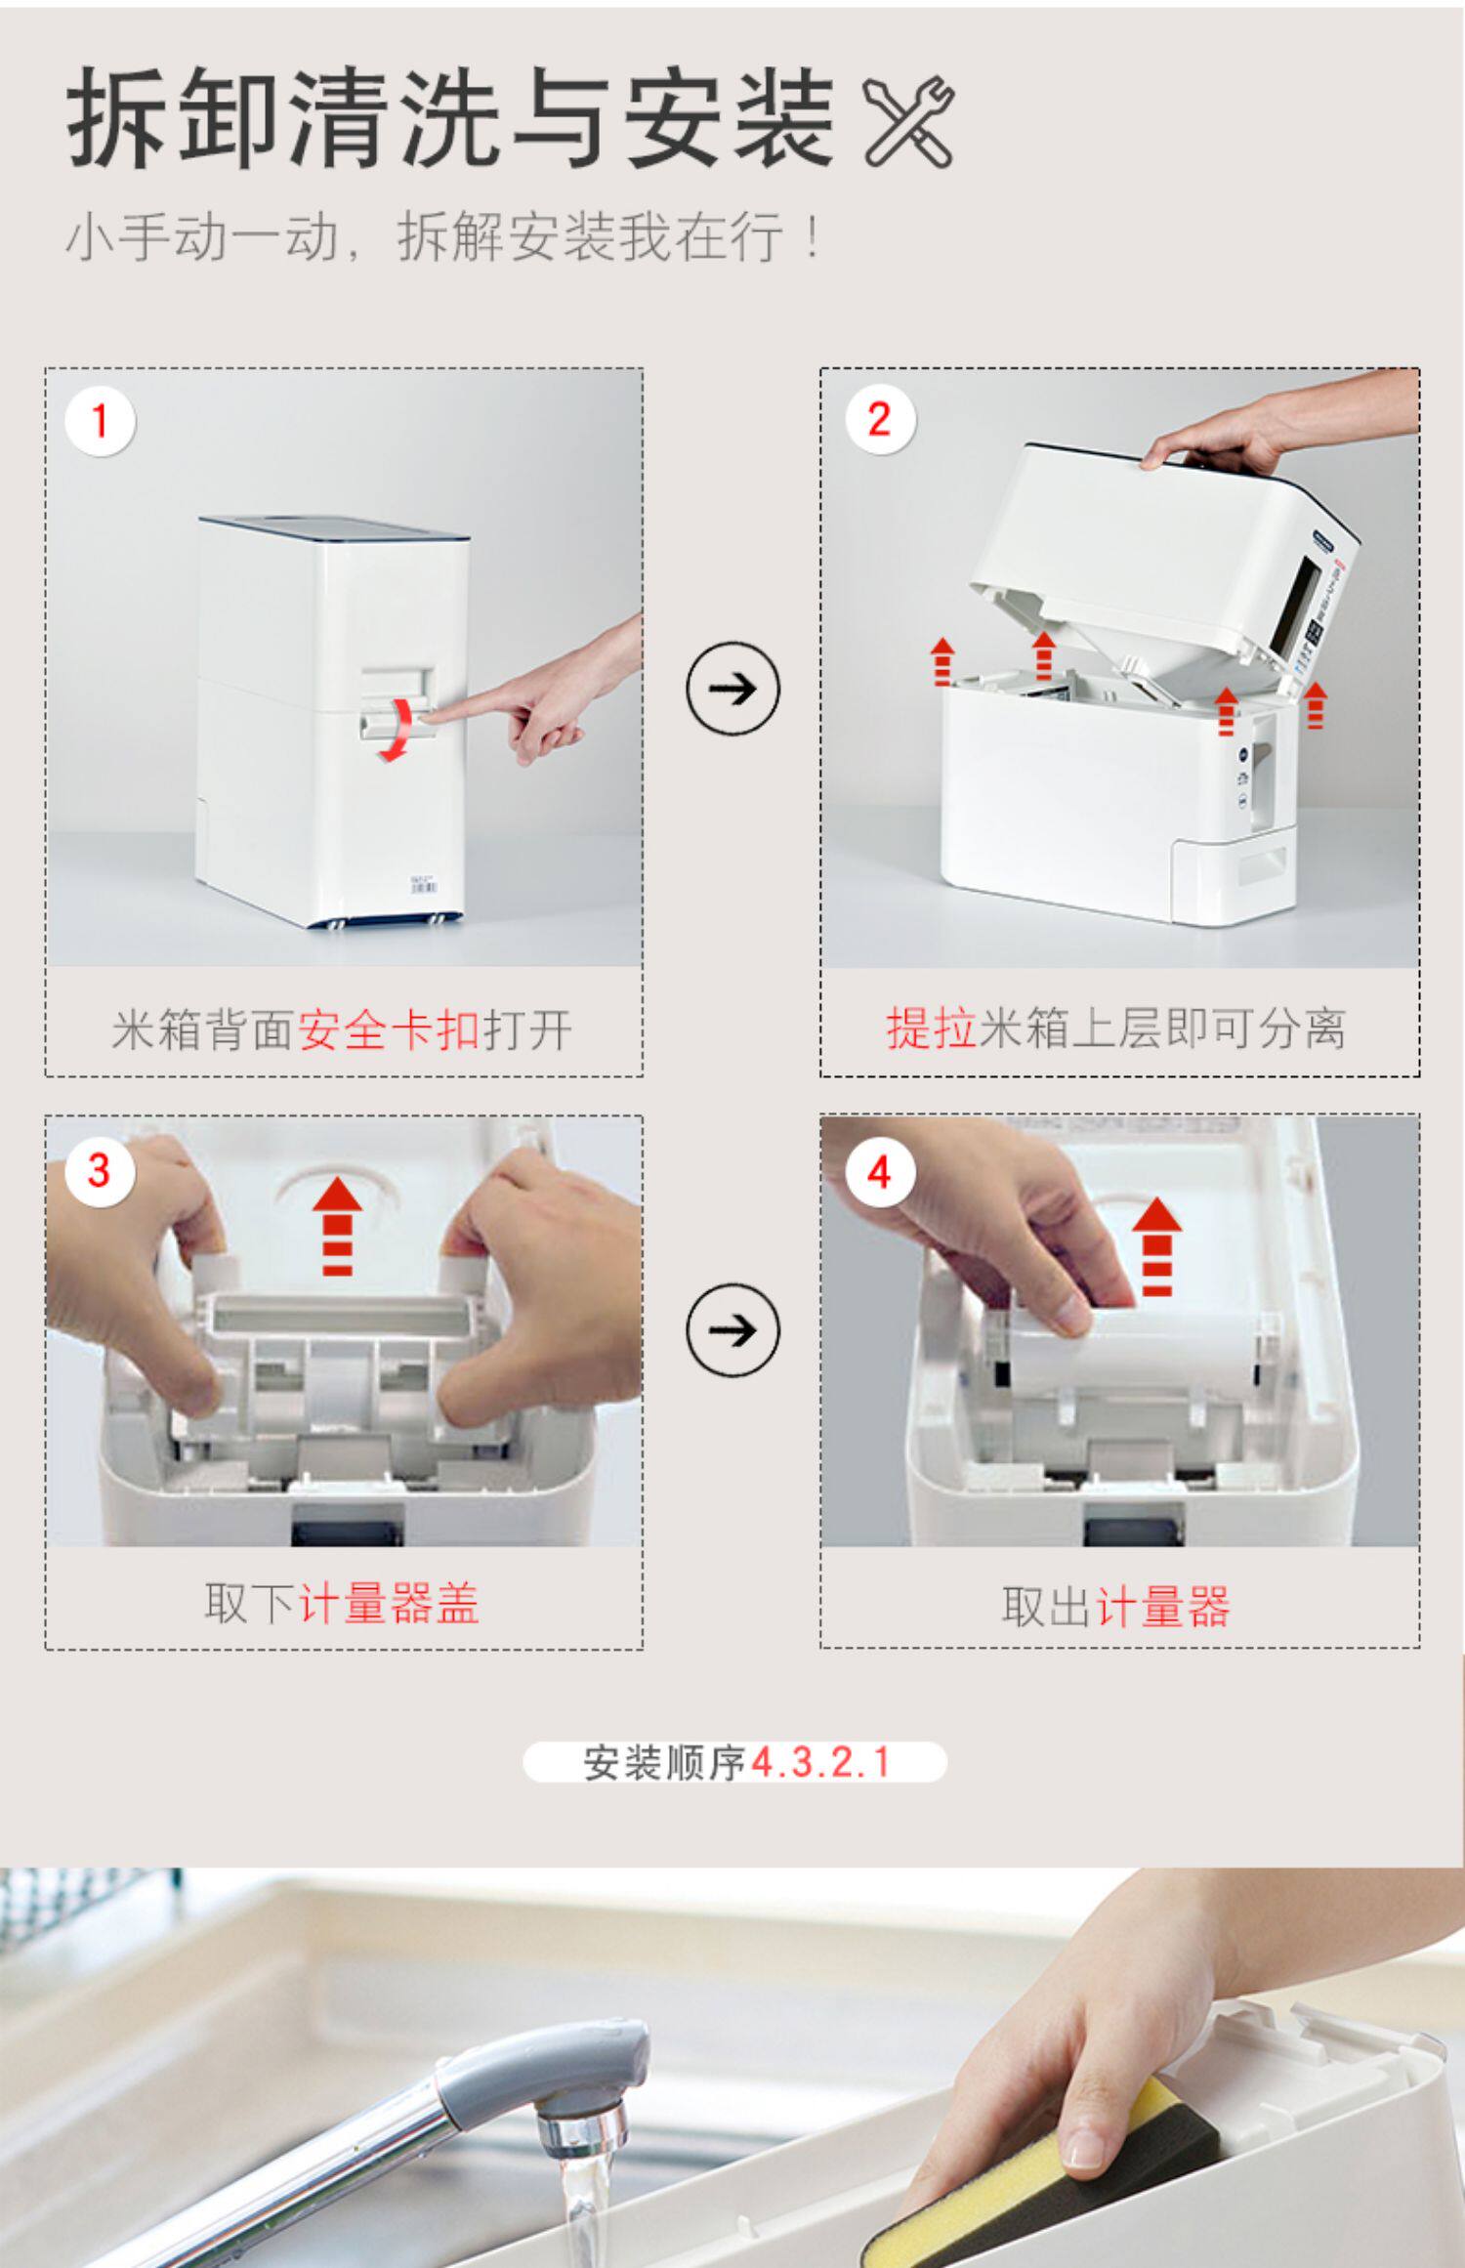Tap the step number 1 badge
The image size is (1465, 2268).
tap(99, 421)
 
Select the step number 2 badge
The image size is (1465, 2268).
tap(879, 420)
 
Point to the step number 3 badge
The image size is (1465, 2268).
tap(99, 1169)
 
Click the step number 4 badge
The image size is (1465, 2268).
tap(879, 1171)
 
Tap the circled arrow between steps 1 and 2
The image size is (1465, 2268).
tap(732, 689)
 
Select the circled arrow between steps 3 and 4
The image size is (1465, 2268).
tap(732, 1329)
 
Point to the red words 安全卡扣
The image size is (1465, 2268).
tap(389, 1029)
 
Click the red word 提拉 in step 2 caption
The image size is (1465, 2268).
tap(932, 1028)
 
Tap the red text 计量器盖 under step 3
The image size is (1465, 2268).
tap(389, 1603)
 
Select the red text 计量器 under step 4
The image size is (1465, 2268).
tap(1162, 1606)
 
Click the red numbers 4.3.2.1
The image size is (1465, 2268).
tap(821, 1762)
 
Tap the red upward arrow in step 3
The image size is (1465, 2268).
tap(338, 1226)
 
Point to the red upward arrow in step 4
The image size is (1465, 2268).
tap(1157, 1246)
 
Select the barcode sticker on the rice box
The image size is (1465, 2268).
tap(423, 885)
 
